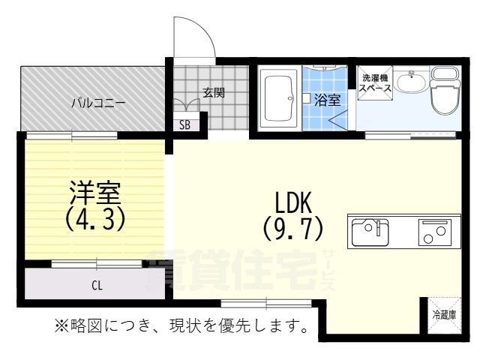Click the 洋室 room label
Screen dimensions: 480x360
(95, 193)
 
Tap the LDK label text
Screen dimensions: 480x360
(293, 202)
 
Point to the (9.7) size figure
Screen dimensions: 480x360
(293, 228)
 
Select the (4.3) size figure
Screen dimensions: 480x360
(95, 218)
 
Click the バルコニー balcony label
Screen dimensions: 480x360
(98, 103)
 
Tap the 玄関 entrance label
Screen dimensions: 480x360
(214, 92)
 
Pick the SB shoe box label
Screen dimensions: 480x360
(184, 124)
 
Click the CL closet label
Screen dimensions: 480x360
(97, 286)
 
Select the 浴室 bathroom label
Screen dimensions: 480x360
(327, 100)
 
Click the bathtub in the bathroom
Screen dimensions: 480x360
(279, 98)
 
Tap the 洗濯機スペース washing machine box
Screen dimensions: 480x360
(375, 82)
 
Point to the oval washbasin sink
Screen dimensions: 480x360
(411, 81)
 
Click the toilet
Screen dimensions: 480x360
(445, 91)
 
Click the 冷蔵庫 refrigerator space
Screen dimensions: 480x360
(445, 315)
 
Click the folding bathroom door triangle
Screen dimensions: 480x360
(338, 120)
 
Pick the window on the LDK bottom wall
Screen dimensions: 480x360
(266, 303)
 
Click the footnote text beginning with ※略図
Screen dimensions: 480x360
(181, 326)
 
